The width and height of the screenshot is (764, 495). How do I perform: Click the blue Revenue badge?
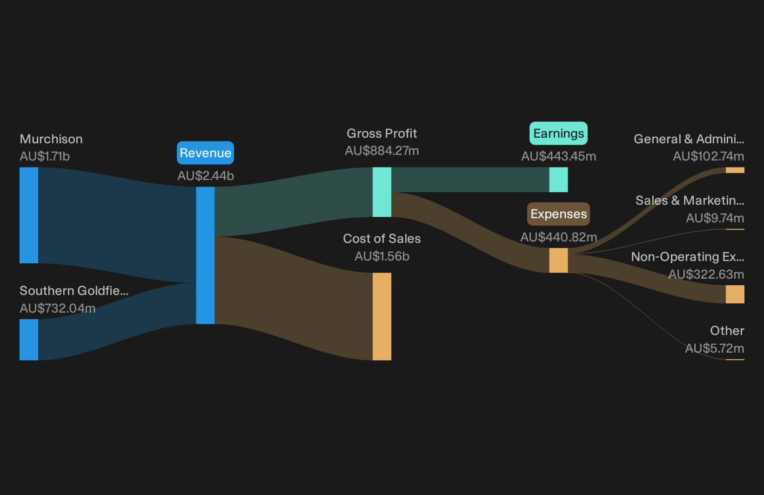[x=205, y=153]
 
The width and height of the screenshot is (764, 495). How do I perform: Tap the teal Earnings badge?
[x=558, y=134]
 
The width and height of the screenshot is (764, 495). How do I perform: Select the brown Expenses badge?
[x=558, y=214]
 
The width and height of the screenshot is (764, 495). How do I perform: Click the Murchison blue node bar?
[x=29, y=215]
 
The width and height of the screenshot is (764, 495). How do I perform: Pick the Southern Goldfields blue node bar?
[x=29, y=340]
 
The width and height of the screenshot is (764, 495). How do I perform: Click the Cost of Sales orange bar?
[x=382, y=316]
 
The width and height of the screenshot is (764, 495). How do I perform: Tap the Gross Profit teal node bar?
[x=382, y=192]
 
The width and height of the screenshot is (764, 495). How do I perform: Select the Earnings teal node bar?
[x=558, y=180]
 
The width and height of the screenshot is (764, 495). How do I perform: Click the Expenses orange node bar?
[x=558, y=260]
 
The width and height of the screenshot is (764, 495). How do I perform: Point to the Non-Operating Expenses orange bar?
[x=735, y=294]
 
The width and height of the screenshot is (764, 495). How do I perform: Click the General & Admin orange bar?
[x=735, y=170]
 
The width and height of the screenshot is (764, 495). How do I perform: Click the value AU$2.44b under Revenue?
[x=206, y=176]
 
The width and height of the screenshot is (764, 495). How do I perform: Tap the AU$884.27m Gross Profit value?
[x=382, y=151]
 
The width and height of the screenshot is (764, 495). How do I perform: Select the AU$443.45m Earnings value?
[x=559, y=156]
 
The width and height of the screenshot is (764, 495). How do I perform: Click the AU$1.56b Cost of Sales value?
[x=382, y=256]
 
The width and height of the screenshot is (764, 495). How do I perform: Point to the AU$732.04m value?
[x=58, y=308]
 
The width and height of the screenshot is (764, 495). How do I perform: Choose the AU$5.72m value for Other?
[x=715, y=348]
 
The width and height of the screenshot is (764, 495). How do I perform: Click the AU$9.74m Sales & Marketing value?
[x=715, y=218]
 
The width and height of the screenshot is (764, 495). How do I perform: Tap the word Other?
[x=727, y=331]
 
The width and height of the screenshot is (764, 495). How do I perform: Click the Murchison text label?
[x=51, y=139]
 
